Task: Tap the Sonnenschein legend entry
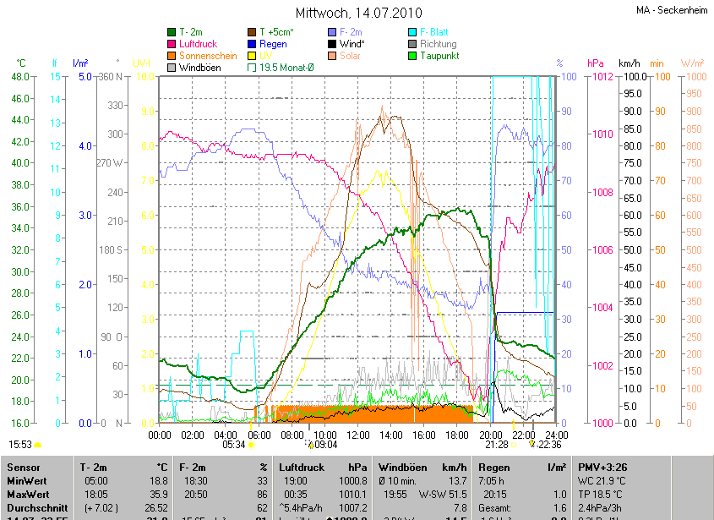pos(208,56)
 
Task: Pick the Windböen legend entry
pos(201,68)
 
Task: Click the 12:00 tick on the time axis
pos(358,435)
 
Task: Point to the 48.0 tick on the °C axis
pos(19,77)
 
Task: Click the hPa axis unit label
pos(596,63)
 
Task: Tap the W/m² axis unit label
pos(692,63)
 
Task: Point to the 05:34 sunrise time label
pos(234,444)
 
